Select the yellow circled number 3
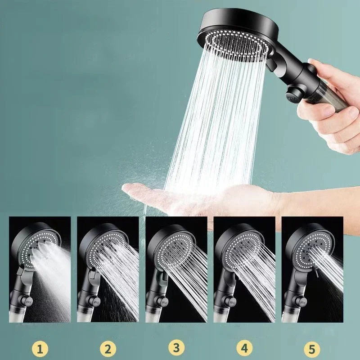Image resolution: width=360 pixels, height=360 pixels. tap(176, 347)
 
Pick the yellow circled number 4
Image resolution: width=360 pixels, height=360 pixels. tap(244, 348)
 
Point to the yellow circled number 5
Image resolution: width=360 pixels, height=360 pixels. tap(312, 349)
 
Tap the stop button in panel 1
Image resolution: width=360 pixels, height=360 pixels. tap(28, 300)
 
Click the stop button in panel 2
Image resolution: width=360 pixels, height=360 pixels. tap(96, 301)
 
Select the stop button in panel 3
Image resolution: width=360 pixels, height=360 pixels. tap(164, 302)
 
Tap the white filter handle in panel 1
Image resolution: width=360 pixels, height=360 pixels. tap(16, 316)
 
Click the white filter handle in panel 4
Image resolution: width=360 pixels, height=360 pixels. tap(220, 316)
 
